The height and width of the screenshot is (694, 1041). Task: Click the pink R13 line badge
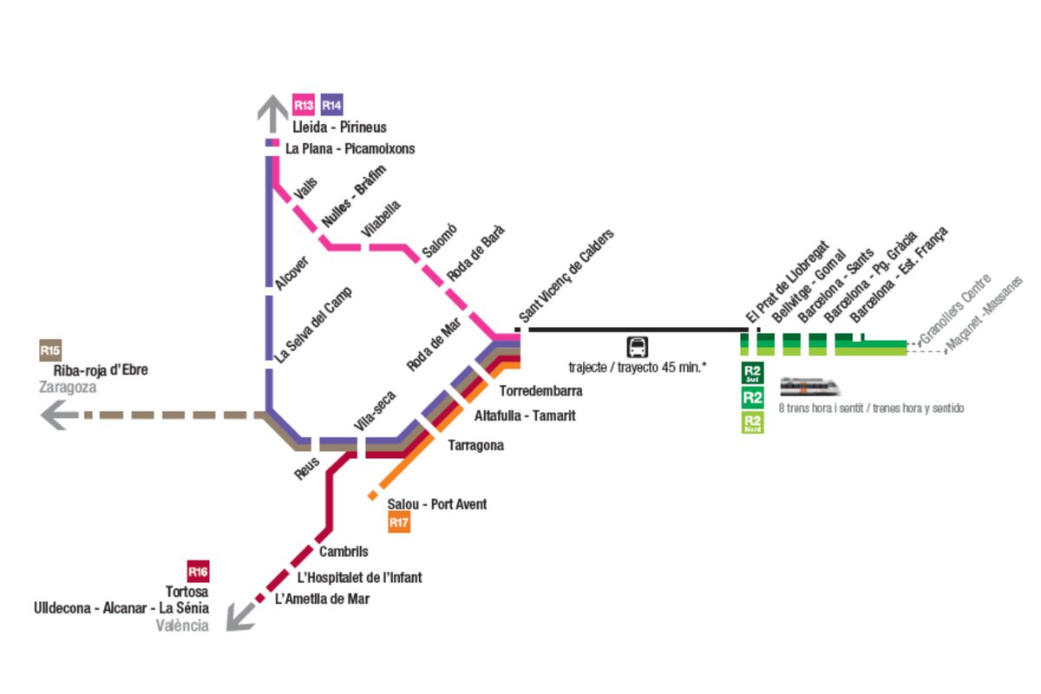(303, 105)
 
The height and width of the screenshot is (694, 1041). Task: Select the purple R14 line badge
(331, 105)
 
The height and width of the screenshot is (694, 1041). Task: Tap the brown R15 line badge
(50, 350)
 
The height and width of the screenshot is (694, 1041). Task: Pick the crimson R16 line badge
(199, 572)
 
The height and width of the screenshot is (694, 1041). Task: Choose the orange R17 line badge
(399, 522)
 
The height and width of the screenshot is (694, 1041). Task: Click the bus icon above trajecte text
(638, 347)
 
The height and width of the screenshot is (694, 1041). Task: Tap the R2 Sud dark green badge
(752, 373)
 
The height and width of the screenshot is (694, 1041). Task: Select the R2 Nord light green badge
(752, 422)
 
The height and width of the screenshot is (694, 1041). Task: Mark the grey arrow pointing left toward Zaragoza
(59, 416)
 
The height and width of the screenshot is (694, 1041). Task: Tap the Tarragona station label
(475, 446)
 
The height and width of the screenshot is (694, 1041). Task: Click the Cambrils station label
(344, 552)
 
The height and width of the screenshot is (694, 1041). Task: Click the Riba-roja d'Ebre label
(101, 370)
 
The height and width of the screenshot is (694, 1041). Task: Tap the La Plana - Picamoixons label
(350, 148)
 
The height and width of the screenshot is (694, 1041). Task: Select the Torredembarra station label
(540, 390)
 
